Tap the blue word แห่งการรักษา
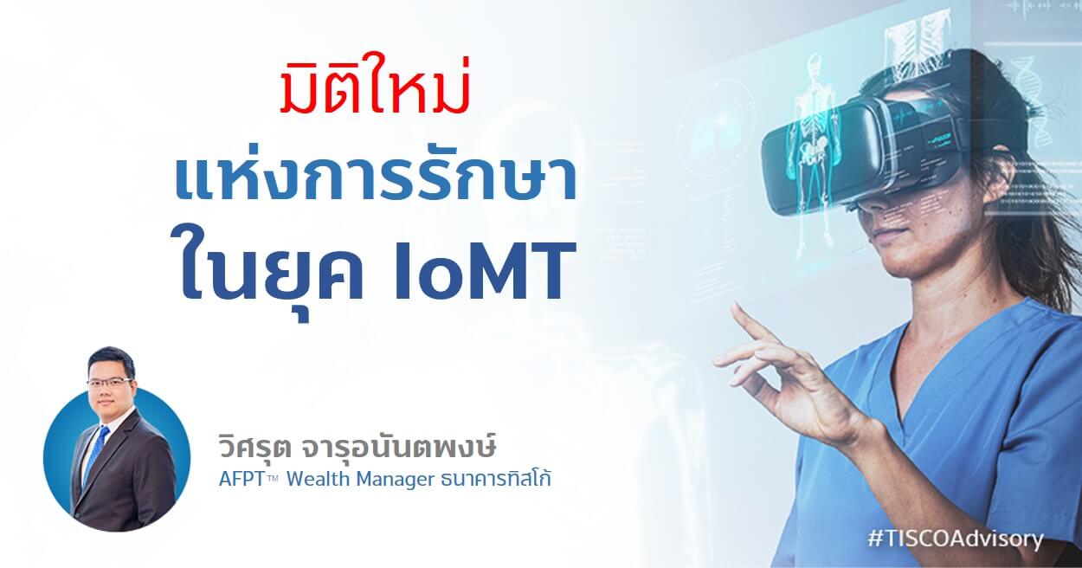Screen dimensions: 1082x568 (x=375, y=181)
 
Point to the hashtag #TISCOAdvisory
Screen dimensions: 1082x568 (x=955, y=539)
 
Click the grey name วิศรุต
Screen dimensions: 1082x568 (x=254, y=448)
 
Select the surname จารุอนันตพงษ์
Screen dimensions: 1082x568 (x=398, y=447)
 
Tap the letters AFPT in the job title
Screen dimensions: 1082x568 (x=241, y=480)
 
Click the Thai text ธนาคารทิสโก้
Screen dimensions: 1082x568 (x=496, y=478)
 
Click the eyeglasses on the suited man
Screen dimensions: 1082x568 (x=109, y=382)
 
